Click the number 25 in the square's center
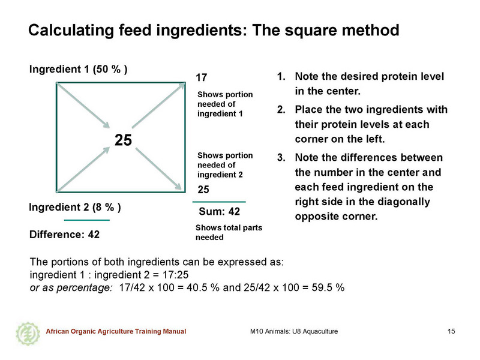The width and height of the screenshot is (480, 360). coord(123,140)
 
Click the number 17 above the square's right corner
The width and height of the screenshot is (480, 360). coord(202,77)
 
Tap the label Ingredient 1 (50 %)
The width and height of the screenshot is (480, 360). coord(79,69)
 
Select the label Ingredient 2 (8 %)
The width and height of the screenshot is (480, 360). coord(75,208)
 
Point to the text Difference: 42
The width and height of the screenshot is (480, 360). coord(65,235)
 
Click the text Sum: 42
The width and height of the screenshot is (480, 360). coord(219,211)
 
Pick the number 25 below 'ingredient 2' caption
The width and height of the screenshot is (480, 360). coord(203,190)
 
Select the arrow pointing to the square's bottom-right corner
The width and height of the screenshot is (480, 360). coord(158,169)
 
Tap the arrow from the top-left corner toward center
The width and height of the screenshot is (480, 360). coord(83,105)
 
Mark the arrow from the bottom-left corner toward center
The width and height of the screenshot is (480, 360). coord(83,169)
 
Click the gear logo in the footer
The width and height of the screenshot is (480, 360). coord(28,334)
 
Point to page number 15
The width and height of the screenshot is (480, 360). coord(451,331)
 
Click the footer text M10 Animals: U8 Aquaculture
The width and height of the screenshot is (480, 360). coord(294,331)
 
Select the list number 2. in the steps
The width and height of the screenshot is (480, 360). coord(281,109)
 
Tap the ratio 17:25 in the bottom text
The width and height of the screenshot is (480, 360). coord(175,275)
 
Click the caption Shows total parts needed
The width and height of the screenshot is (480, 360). coord(229,232)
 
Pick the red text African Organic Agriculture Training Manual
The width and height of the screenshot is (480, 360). coord(116,331)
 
